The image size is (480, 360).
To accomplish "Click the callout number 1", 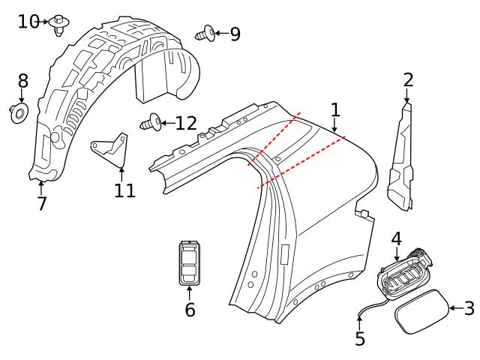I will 335,109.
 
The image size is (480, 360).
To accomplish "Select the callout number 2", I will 408,80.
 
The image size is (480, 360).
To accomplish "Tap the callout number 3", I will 469,308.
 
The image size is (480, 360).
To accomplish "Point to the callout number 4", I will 396,238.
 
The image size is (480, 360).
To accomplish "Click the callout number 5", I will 360,338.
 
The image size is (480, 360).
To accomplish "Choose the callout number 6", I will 190,309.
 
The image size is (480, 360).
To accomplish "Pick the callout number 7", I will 42,202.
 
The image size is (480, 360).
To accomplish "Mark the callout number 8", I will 22,81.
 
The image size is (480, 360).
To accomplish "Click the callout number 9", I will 235,34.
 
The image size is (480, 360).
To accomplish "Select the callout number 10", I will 28,22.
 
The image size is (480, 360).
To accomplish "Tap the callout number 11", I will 125,190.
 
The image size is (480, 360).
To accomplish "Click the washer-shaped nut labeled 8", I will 19,113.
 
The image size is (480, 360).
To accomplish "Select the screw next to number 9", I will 205,33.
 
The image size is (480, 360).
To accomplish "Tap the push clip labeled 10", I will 59,25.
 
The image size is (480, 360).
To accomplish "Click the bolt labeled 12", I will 151,121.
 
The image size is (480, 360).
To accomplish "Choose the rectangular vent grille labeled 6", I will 190,262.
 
